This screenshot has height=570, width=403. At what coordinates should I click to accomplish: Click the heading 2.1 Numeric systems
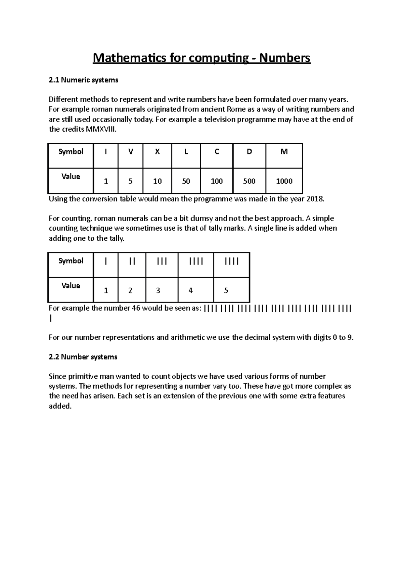point(83,80)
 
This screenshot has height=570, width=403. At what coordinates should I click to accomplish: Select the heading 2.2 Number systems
point(83,357)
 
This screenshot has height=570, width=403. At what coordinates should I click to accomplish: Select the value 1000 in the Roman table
point(284,181)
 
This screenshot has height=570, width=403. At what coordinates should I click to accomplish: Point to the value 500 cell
point(249,181)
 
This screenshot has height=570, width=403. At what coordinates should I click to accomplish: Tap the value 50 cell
point(186,181)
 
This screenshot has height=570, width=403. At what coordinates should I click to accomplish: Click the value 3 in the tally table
point(158,290)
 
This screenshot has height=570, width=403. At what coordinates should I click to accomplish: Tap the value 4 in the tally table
point(190,290)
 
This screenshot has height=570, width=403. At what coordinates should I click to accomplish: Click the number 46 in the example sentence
point(136,308)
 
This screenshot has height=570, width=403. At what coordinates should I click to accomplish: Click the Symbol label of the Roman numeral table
point(71,152)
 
